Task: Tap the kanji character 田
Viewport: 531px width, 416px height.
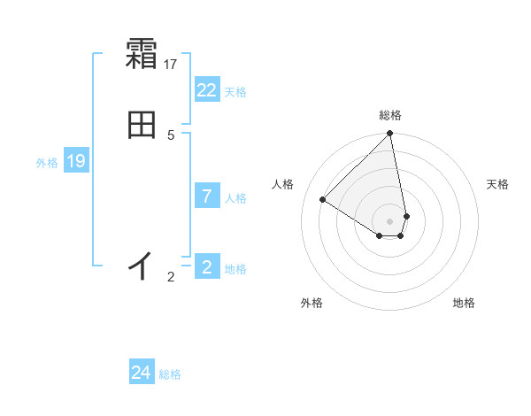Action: point(142,126)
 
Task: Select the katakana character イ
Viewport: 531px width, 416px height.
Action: point(142,265)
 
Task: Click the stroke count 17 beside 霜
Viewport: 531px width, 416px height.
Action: point(171,64)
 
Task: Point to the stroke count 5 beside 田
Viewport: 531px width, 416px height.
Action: point(171,135)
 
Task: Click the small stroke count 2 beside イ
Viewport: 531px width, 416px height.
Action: point(171,277)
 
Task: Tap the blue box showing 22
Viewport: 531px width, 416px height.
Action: point(207,90)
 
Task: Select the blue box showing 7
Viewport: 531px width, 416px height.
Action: point(207,196)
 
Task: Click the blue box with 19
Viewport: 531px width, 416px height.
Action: point(76,161)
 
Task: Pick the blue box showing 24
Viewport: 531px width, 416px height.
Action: point(142,373)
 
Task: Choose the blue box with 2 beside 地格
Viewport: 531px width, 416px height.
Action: point(207,267)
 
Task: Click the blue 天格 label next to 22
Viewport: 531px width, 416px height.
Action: point(235,92)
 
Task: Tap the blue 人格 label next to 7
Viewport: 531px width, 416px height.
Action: point(235,198)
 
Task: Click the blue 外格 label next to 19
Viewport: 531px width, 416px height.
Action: point(47,163)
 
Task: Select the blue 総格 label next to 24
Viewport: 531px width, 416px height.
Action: point(170,374)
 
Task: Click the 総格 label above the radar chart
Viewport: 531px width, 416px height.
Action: point(390,115)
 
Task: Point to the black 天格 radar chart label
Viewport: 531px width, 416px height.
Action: point(497,184)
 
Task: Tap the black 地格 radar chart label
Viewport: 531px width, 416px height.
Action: point(464,303)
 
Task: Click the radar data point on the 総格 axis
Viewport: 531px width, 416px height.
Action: point(390,135)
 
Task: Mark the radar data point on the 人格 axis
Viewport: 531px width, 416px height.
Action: point(323,199)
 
